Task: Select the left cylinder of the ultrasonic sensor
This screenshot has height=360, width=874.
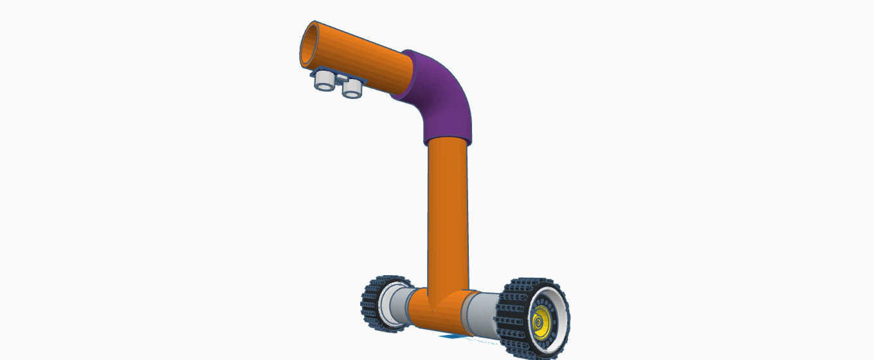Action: coord(324,80)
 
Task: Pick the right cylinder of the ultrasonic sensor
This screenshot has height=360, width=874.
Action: coord(352,88)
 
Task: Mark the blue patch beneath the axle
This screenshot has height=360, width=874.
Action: coord(450,336)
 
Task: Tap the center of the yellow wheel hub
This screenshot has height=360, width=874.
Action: coord(540,319)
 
